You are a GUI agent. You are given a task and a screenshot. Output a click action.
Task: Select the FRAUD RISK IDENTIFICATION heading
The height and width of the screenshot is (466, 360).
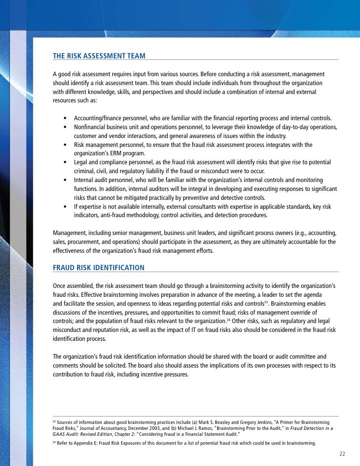click(98, 268)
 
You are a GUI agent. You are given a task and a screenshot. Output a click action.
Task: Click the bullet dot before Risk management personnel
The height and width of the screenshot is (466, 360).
click(65, 145)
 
